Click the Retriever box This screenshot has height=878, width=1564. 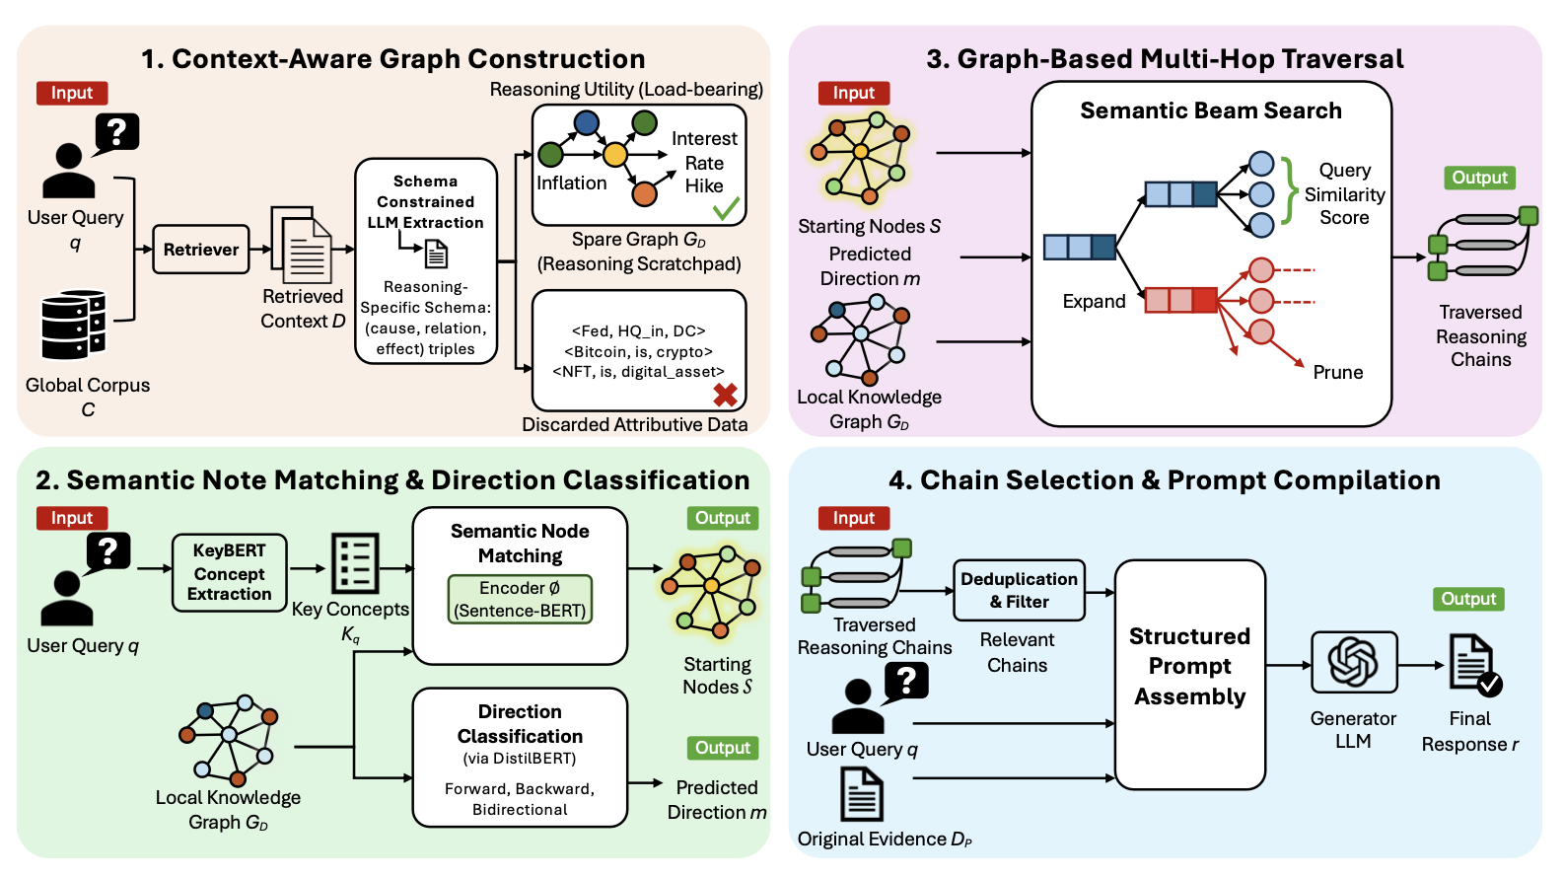tap(201, 250)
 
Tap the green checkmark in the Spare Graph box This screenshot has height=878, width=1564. tap(726, 208)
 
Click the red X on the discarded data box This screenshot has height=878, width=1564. tap(726, 395)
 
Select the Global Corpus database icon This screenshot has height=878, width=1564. tap(73, 325)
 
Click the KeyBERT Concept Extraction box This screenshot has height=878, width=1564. tap(229, 572)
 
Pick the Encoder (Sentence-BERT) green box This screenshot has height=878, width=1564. tap(520, 600)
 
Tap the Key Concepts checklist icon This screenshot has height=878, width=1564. tap(354, 563)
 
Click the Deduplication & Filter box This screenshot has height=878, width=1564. tap(1019, 590)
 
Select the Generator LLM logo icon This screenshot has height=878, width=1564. tap(1353, 661)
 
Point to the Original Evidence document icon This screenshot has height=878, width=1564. tap(861, 795)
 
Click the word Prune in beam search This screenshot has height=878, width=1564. tap(1337, 373)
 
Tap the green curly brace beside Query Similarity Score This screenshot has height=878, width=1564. tap(1289, 189)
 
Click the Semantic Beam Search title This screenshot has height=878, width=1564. tap(1210, 110)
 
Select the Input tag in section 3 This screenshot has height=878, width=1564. tap(853, 93)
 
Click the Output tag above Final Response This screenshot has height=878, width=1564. tap(1467, 599)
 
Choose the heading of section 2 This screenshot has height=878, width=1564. tap(392, 480)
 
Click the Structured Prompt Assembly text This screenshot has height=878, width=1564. tap(1189, 667)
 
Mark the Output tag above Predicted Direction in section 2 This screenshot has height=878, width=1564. tap(722, 748)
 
